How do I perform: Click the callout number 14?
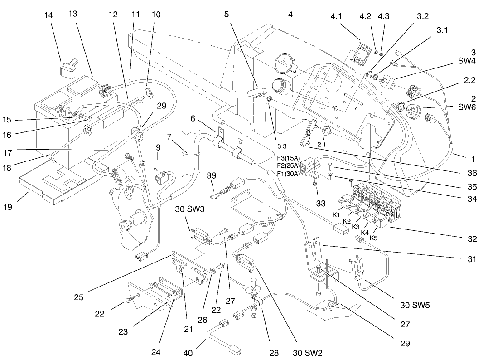48,15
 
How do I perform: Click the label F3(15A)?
287,157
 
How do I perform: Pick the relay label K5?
374,238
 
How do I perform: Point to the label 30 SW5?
414,305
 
